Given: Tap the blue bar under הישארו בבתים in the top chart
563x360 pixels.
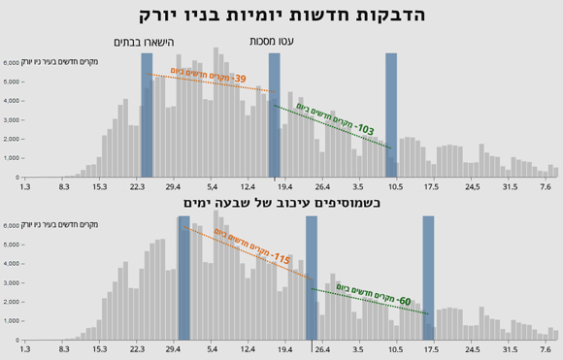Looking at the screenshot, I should pos(147,116).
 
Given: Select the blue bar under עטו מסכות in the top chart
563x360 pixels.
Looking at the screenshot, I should pos(275,116).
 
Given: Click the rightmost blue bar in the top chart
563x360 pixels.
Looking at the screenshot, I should pos(391,116).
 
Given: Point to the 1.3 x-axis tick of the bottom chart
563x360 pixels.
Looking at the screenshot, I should pos(25,348).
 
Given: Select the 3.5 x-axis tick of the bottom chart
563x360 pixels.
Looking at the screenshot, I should pos(358,348).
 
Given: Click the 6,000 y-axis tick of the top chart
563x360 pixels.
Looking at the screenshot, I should pos(11,62).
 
